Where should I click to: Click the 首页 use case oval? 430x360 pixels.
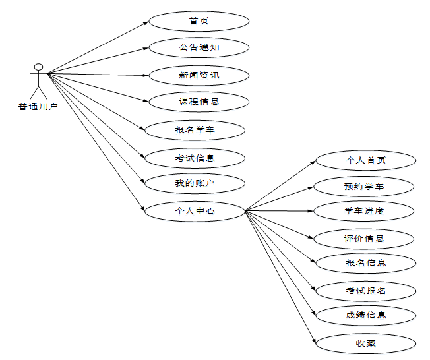(x=199, y=21)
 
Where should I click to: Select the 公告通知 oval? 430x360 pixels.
(x=199, y=47)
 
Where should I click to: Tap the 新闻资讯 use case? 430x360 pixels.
(x=199, y=75)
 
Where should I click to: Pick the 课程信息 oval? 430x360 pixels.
(x=199, y=102)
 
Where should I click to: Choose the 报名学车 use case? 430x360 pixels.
(x=195, y=130)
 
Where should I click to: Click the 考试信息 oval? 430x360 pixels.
(x=195, y=158)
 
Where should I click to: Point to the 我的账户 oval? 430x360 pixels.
(x=195, y=183)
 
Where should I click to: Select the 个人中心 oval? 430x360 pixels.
(x=195, y=211)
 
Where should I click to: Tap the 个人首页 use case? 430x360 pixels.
(x=365, y=160)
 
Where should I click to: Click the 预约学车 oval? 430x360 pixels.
(x=364, y=187)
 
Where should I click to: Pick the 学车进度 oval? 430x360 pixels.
(x=364, y=211)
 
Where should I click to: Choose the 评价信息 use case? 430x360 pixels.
(x=364, y=238)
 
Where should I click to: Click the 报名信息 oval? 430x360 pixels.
(x=365, y=263)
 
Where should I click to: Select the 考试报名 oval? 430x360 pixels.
(x=365, y=290)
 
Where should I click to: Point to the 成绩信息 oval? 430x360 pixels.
(x=365, y=315)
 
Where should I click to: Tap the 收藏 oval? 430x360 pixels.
(x=365, y=343)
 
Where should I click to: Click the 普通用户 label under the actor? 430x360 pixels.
(x=38, y=106)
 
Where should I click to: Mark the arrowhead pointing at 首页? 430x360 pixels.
(x=146, y=23)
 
